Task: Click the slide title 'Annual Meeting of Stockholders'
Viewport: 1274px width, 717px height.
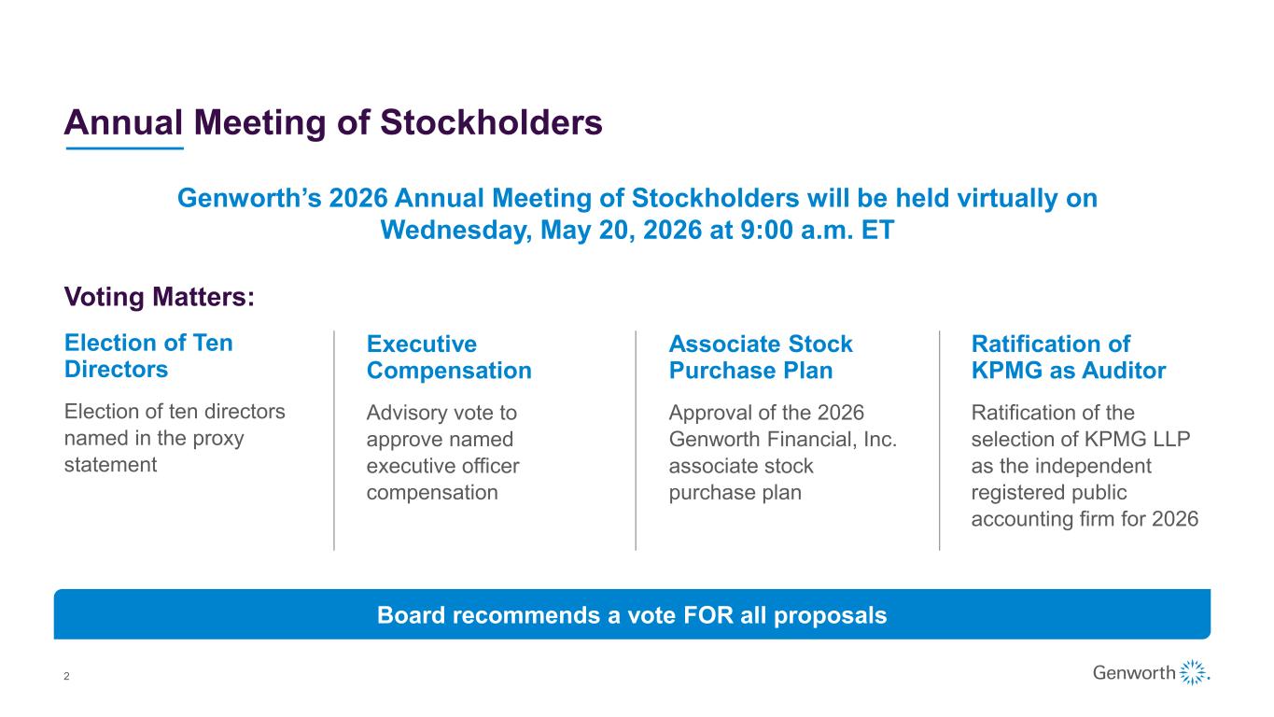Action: coord(333,122)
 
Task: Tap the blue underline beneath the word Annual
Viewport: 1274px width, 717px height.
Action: coord(124,148)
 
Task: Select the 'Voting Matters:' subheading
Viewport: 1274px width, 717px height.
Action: coord(160,297)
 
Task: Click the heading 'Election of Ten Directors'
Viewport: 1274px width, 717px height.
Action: coord(148,356)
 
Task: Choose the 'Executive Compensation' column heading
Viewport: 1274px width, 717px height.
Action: coord(449,357)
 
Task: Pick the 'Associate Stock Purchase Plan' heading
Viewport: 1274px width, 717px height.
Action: coord(761,357)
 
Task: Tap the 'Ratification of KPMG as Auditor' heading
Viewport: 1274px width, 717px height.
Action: coord(1068,357)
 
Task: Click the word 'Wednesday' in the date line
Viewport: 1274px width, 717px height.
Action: coord(456,230)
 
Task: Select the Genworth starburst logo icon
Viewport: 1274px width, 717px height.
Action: coord(1194,672)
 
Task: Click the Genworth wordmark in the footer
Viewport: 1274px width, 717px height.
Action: coord(1133,672)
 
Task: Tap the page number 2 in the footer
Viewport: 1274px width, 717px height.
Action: coord(66,676)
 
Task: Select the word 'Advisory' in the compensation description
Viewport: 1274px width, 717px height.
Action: coord(401,414)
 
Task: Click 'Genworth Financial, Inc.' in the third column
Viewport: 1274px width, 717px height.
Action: coord(782,439)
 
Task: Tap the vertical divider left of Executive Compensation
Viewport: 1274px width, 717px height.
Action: coord(334,441)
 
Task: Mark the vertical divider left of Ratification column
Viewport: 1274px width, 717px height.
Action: coord(939,441)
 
